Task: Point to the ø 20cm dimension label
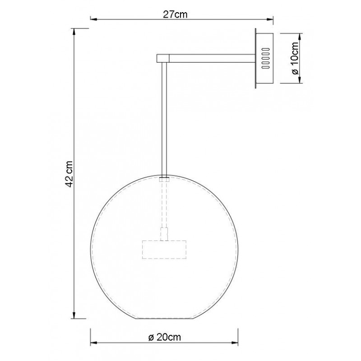point(165,337)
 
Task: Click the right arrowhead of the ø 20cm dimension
point(236,342)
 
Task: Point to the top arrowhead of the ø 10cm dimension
point(300,35)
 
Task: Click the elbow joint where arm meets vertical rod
point(162,58)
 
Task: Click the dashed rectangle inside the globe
point(165,250)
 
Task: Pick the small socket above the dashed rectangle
point(165,234)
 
